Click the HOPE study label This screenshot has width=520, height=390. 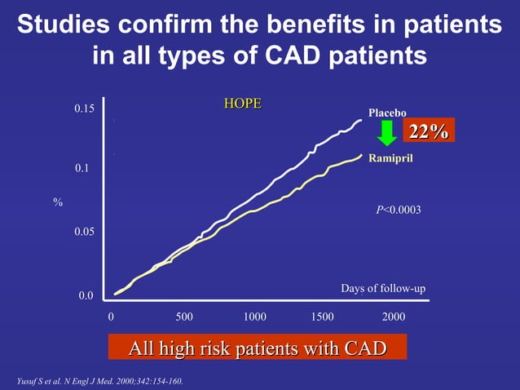coord(242,104)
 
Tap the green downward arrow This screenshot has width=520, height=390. coord(388,135)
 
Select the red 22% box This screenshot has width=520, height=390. coord(428,131)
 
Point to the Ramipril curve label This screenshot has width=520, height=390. coord(391,157)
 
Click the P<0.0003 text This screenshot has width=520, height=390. coord(398,211)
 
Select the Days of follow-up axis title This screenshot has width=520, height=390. coord(382,289)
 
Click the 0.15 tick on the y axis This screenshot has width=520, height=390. coord(85,109)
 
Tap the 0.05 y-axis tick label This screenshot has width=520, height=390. coord(85,233)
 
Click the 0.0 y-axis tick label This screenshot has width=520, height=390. coord(86,296)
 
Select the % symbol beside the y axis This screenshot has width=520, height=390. coord(58,202)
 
